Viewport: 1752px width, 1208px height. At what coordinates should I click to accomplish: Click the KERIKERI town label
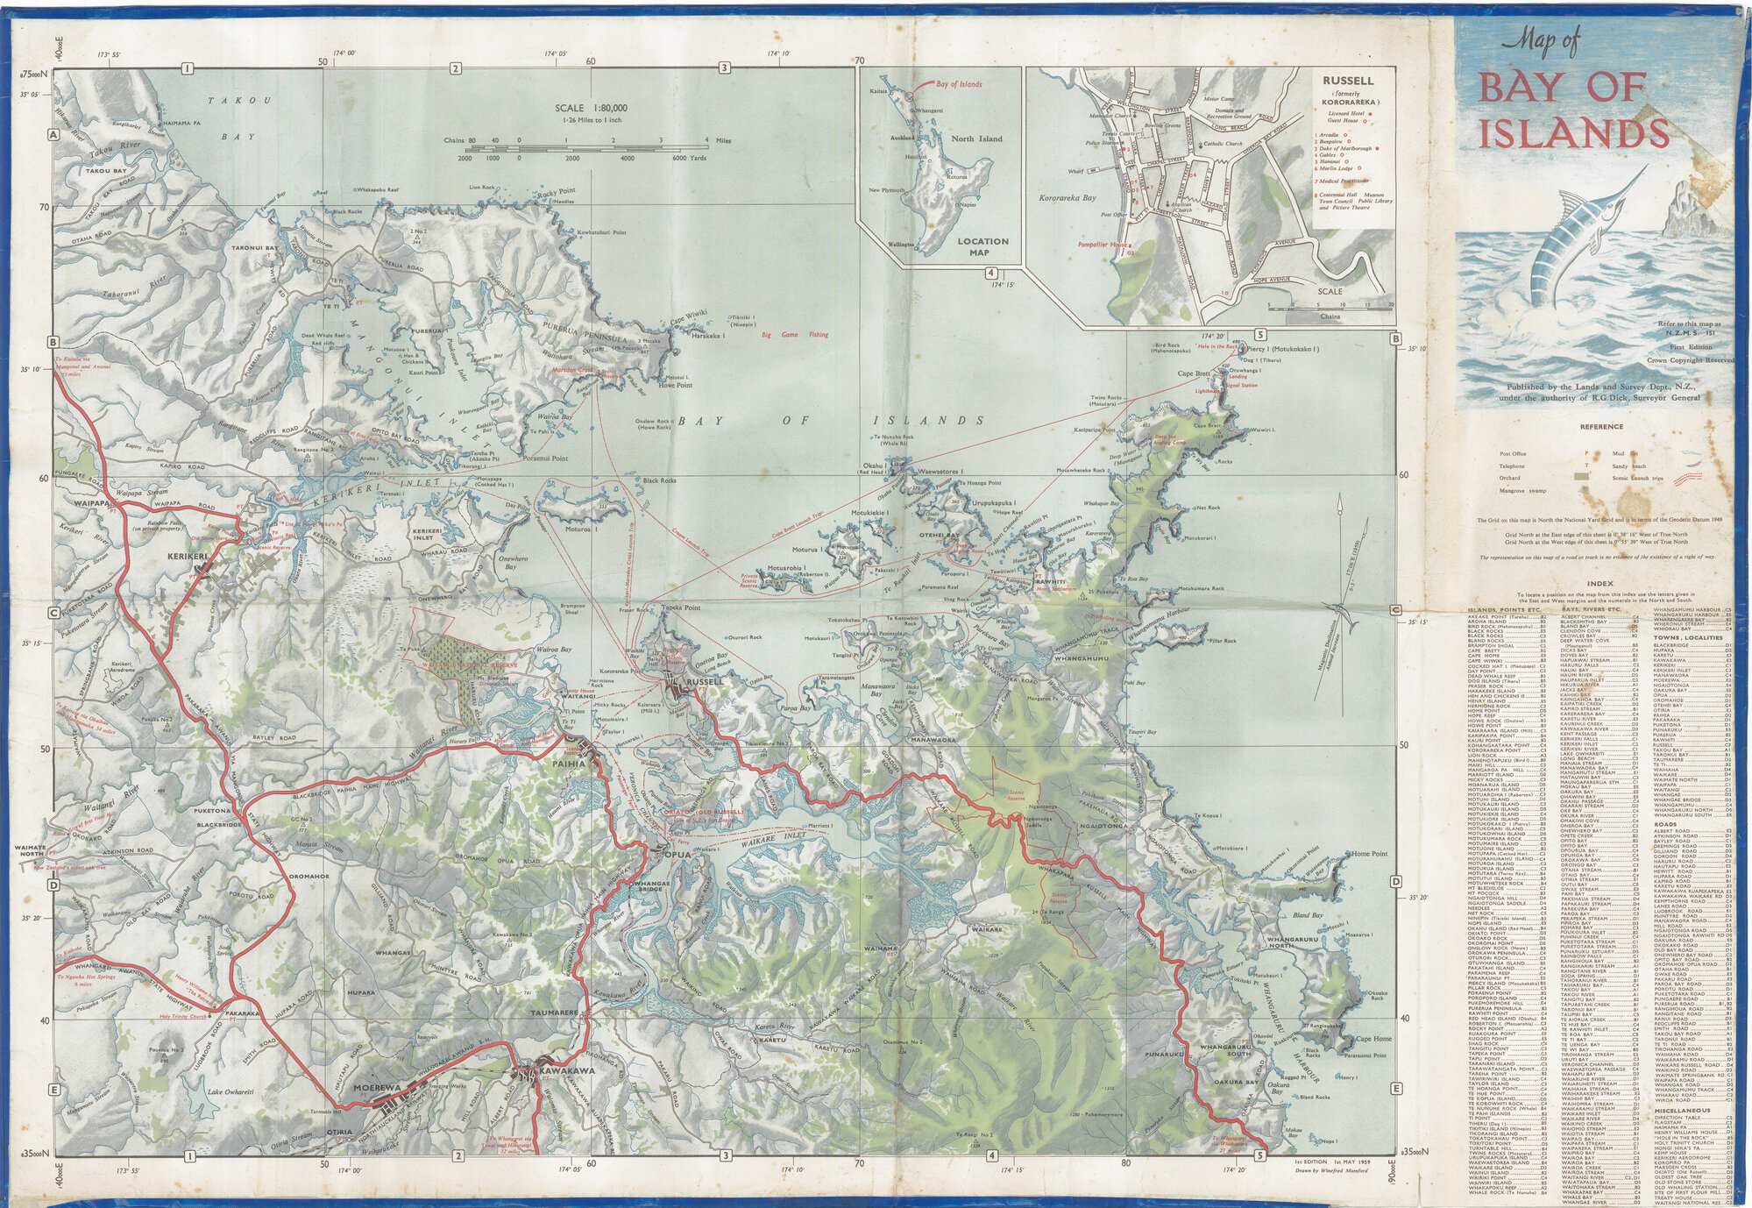[x=188, y=556]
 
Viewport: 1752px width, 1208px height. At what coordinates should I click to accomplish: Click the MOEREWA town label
[x=376, y=1088]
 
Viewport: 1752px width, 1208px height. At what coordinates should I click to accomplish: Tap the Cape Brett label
[x=1193, y=373]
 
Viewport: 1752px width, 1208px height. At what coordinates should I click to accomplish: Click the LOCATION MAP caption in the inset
[x=982, y=246]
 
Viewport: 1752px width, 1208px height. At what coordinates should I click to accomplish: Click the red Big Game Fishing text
[x=794, y=335]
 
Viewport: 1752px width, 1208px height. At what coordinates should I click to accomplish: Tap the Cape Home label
[x=1373, y=1039]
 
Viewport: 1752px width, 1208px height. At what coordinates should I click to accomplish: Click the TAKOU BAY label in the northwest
[x=106, y=171]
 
